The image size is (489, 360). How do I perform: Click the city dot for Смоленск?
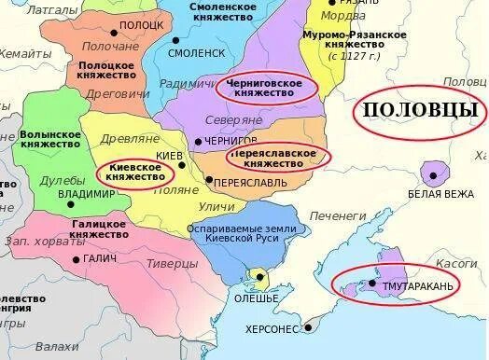178,40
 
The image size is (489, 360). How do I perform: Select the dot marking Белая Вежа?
432,173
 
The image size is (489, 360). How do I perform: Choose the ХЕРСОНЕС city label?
271,329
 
